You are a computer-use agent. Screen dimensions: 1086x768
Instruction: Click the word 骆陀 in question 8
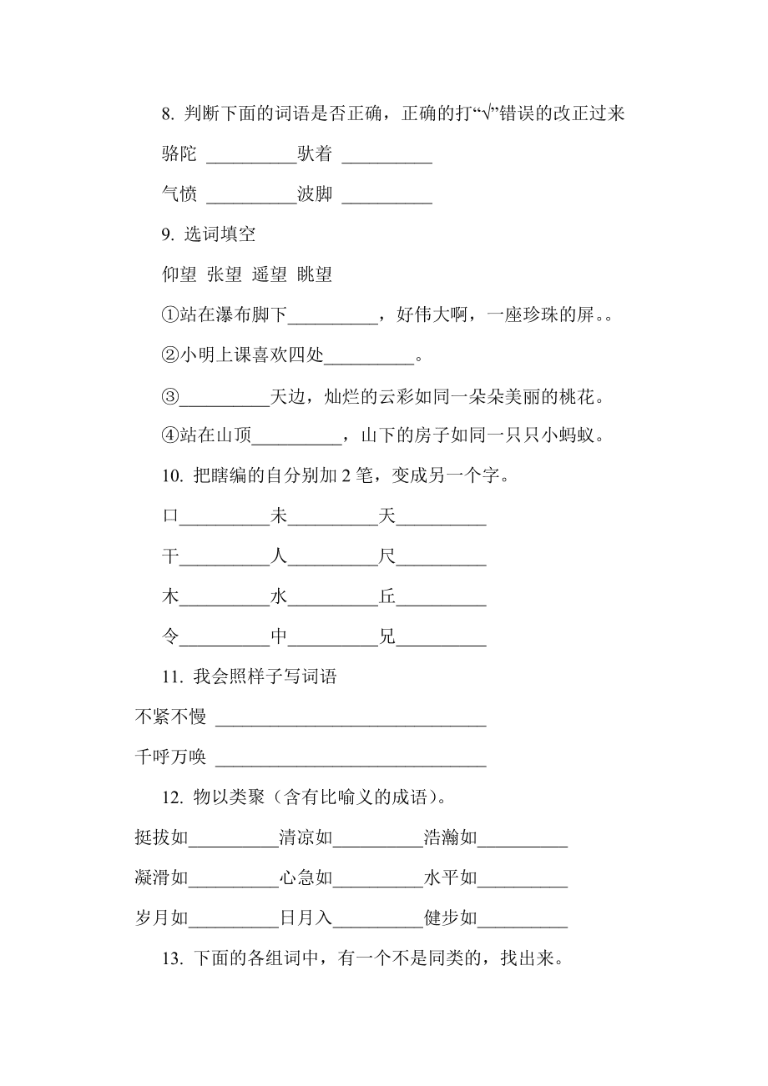pos(179,153)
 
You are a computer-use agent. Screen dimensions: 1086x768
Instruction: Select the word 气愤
pos(179,194)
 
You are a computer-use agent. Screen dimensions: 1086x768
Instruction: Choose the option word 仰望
pos(179,274)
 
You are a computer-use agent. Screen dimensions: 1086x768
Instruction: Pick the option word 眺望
pos(315,274)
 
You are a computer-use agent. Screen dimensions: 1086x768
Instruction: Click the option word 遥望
pos(270,274)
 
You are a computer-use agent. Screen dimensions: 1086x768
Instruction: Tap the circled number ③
pos(170,396)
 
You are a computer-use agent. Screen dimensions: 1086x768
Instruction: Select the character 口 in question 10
pos(170,517)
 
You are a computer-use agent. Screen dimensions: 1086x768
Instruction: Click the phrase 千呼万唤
pos(170,757)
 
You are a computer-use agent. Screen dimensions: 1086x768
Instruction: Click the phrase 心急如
pos(306,878)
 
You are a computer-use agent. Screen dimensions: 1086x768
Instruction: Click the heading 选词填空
pos(220,234)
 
